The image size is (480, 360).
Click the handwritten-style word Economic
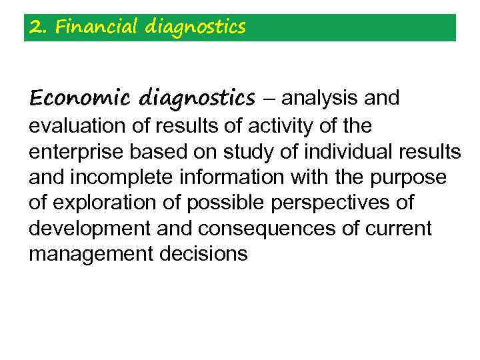click(x=79, y=99)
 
